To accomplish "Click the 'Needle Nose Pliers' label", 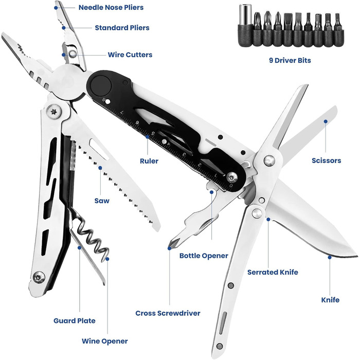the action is (111, 7).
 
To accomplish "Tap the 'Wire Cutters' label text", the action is (130, 55).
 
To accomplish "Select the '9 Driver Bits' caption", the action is (290, 60).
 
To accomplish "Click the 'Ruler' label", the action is (149, 161).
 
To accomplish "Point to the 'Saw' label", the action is (102, 201).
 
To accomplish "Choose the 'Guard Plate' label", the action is (75, 320).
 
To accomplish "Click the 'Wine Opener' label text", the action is (105, 341).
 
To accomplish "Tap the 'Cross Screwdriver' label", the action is (168, 313).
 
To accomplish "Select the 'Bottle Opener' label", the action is (204, 256).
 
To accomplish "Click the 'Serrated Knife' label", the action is (273, 272).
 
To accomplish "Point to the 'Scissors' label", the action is (326, 160).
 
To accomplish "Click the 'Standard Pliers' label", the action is (122, 28).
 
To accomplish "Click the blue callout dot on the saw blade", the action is (100, 168).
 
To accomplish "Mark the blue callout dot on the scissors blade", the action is (326, 121).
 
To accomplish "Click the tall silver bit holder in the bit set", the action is (245, 25).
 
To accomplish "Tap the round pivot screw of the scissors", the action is (269, 160).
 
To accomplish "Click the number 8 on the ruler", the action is (104, 100).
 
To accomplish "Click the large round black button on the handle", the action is (101, 86).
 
